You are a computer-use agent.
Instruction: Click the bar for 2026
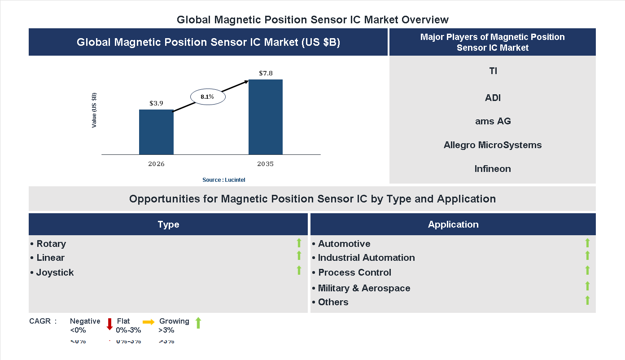coord(156,132)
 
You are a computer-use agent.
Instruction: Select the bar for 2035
coord(266,117)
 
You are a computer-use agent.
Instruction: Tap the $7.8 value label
coord(266,73)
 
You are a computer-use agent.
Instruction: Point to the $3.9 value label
coord(156,103)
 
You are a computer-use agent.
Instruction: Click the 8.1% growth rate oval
coord(207,97)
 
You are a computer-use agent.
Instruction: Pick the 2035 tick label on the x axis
coord(265,164)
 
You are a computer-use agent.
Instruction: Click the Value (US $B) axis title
coord(94,110)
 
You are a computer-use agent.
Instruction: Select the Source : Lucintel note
coord(223,180)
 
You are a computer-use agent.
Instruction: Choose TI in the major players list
coord(493,71)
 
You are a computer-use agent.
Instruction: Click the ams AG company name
coord(493,121)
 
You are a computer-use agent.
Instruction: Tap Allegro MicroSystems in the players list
coord(493,145)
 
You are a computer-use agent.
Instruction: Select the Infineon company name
coord(493,169)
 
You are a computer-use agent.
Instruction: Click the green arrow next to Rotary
coord(299,243)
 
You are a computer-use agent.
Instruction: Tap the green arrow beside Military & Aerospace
coord(587,286)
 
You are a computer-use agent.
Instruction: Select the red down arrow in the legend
coord(109,324)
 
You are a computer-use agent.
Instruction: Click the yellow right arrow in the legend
coord(149,322)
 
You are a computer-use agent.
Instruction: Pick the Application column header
coord(453,224)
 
